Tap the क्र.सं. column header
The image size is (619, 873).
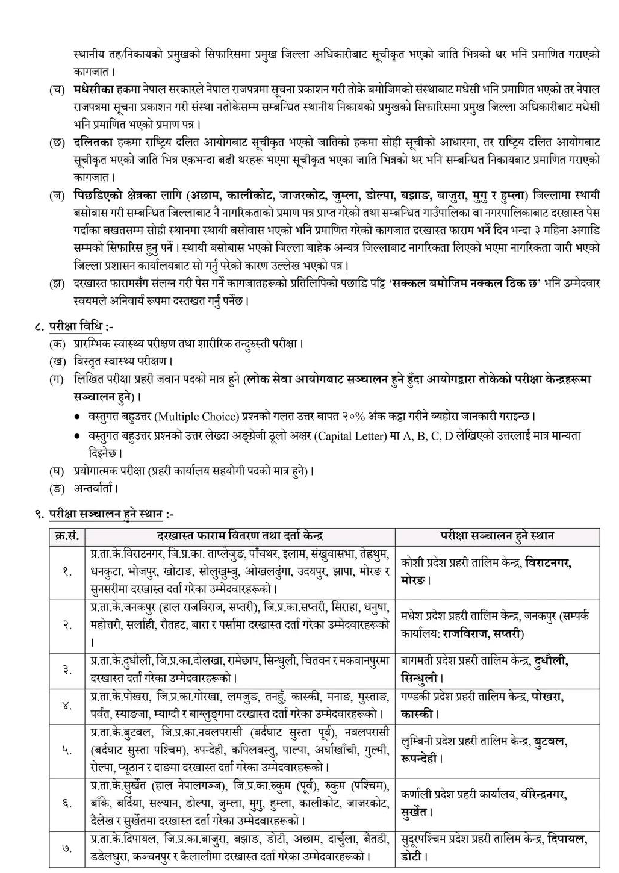[67, 536]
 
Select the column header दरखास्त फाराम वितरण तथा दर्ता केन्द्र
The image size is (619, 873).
[240, 536]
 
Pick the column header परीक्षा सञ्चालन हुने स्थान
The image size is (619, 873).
[497, 536]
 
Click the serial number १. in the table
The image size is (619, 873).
[67, 571]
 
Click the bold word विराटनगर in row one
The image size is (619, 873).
[548, 563]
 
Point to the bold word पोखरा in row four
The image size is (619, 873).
[547, 697]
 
